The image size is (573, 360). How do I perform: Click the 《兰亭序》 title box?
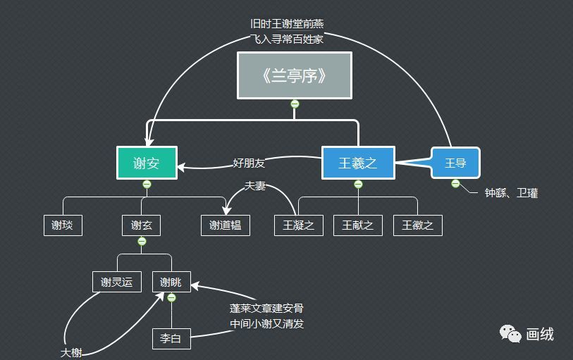[295, 75]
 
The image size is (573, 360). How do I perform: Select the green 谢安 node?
[147, 163]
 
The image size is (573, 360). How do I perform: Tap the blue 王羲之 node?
[358, 163]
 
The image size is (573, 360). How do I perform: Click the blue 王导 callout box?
[455, 163]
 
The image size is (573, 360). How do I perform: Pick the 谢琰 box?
[62, 225]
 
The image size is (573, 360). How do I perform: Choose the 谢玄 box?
[141, 225]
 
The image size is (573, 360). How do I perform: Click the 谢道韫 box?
[226, 225]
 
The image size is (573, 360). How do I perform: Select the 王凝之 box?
[298, 225]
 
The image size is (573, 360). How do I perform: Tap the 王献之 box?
[358, 225]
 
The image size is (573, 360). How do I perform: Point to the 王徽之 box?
[418, 225]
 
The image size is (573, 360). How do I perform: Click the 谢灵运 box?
[117, 282]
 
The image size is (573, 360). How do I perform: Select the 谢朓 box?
[171, 282]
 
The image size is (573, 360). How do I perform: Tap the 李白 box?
[171, 339]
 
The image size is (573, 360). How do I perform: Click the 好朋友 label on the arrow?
[249, 163]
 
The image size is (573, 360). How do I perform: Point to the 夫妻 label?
[254, 186]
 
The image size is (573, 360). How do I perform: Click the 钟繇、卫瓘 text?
[511, 192]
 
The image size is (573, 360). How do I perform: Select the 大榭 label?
[71, 352]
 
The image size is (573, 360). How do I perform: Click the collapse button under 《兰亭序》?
[295, 104]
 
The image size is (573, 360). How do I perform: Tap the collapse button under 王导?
[455, 184]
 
